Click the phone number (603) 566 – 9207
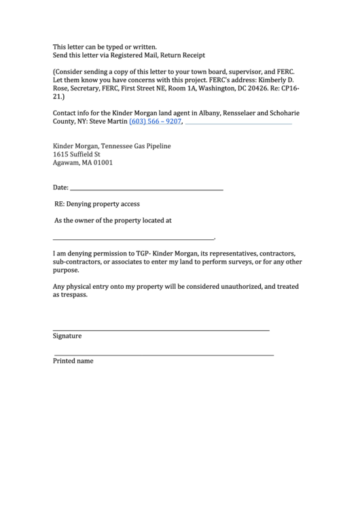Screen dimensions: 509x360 (x=156, y=121)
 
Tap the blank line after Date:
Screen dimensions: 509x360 (x=147, y=189)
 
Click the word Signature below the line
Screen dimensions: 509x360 (x=67, y=336)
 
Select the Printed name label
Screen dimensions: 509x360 (x=73, y=361)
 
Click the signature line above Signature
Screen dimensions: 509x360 (x=161, y=330)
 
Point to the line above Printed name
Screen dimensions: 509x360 (x=164, y=355)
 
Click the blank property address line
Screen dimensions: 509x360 (x=133, y=239)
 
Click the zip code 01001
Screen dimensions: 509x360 (x=103, y=163)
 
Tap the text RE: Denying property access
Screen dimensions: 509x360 (x=97, y=204)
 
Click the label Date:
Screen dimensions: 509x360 (x=61, y=187)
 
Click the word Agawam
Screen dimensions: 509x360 (x=67, y=163)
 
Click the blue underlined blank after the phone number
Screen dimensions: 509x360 (x=238, y=124)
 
